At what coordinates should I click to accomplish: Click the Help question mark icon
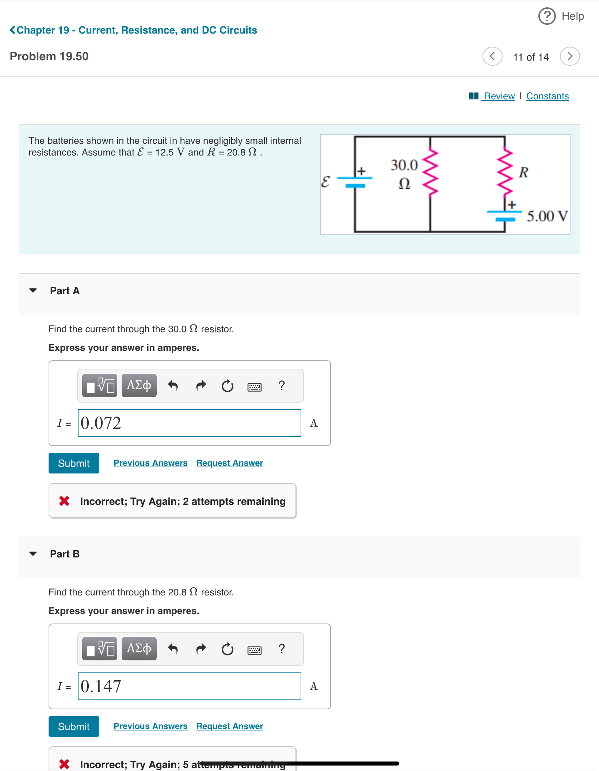click(547, 16)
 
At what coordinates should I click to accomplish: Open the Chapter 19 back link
click(133, 30)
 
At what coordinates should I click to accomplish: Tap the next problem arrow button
click(569, 56)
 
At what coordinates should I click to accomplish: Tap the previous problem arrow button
click(492, 56)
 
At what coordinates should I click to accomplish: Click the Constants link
click(547, 96)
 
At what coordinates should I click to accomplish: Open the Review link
click(499, 96)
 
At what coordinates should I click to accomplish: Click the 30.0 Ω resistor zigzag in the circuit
click(430, 172)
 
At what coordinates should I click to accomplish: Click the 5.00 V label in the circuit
click(547, 216)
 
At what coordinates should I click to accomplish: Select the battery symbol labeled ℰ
click(355, 181)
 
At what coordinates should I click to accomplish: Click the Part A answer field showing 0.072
click(189, 423)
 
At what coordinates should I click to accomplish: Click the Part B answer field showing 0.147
click(189, 686)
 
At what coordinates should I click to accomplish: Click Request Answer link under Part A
click(229, 463)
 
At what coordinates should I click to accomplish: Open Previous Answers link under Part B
click(150, 726)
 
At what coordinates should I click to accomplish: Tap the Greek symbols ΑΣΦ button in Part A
click(139, 385)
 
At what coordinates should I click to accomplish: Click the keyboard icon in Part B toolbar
click(254, 650)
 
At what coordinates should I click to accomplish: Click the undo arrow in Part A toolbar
click(173, 385)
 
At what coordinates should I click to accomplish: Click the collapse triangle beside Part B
click(33, 554)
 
